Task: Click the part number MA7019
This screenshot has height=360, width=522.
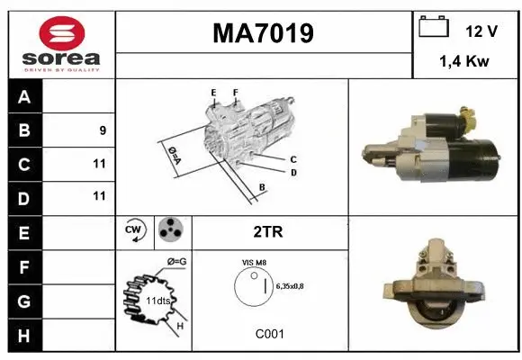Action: coord(263,34)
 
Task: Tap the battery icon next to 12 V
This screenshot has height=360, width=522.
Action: coord(434,29)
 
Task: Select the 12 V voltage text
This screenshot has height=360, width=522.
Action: coord(481,31)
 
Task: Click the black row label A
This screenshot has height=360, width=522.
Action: coord(24,97)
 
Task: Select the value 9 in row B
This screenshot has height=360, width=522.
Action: coord(103,130)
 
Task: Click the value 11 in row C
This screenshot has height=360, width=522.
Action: coord(99,164)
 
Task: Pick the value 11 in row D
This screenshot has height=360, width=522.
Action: coord(99,196)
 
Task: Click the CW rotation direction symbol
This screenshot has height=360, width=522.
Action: coord(135,231)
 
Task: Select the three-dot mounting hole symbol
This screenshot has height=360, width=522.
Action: coord(172,231)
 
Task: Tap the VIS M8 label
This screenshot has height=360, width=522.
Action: coord(254,262)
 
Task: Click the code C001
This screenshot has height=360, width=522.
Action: coord(269,334)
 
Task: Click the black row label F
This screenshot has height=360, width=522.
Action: coord(24,266)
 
